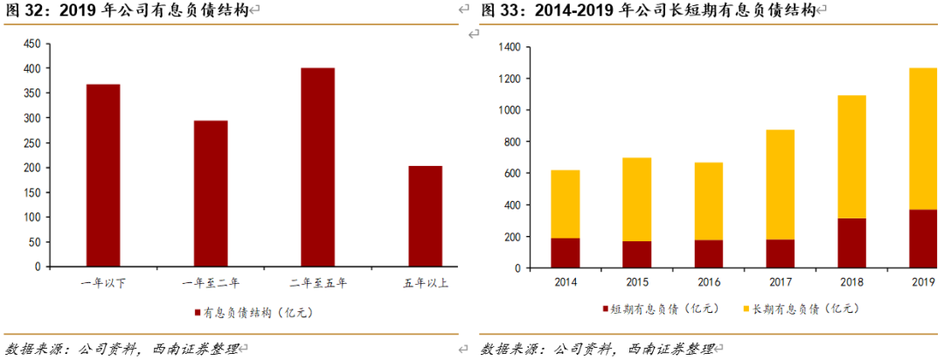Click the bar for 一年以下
[x=103, y=175]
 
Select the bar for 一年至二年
[x=211, y=193]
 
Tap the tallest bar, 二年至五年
[x=317, y=167]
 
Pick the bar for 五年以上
[x=425, y=216]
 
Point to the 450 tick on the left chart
[x=31, y=43]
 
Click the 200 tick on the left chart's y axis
[x=31, y=167]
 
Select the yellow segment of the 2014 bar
[x=566, y=204]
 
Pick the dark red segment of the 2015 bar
[x=637, y=253]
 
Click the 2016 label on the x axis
[x=708, y=282]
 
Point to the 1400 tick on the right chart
[x=509, y=47]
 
